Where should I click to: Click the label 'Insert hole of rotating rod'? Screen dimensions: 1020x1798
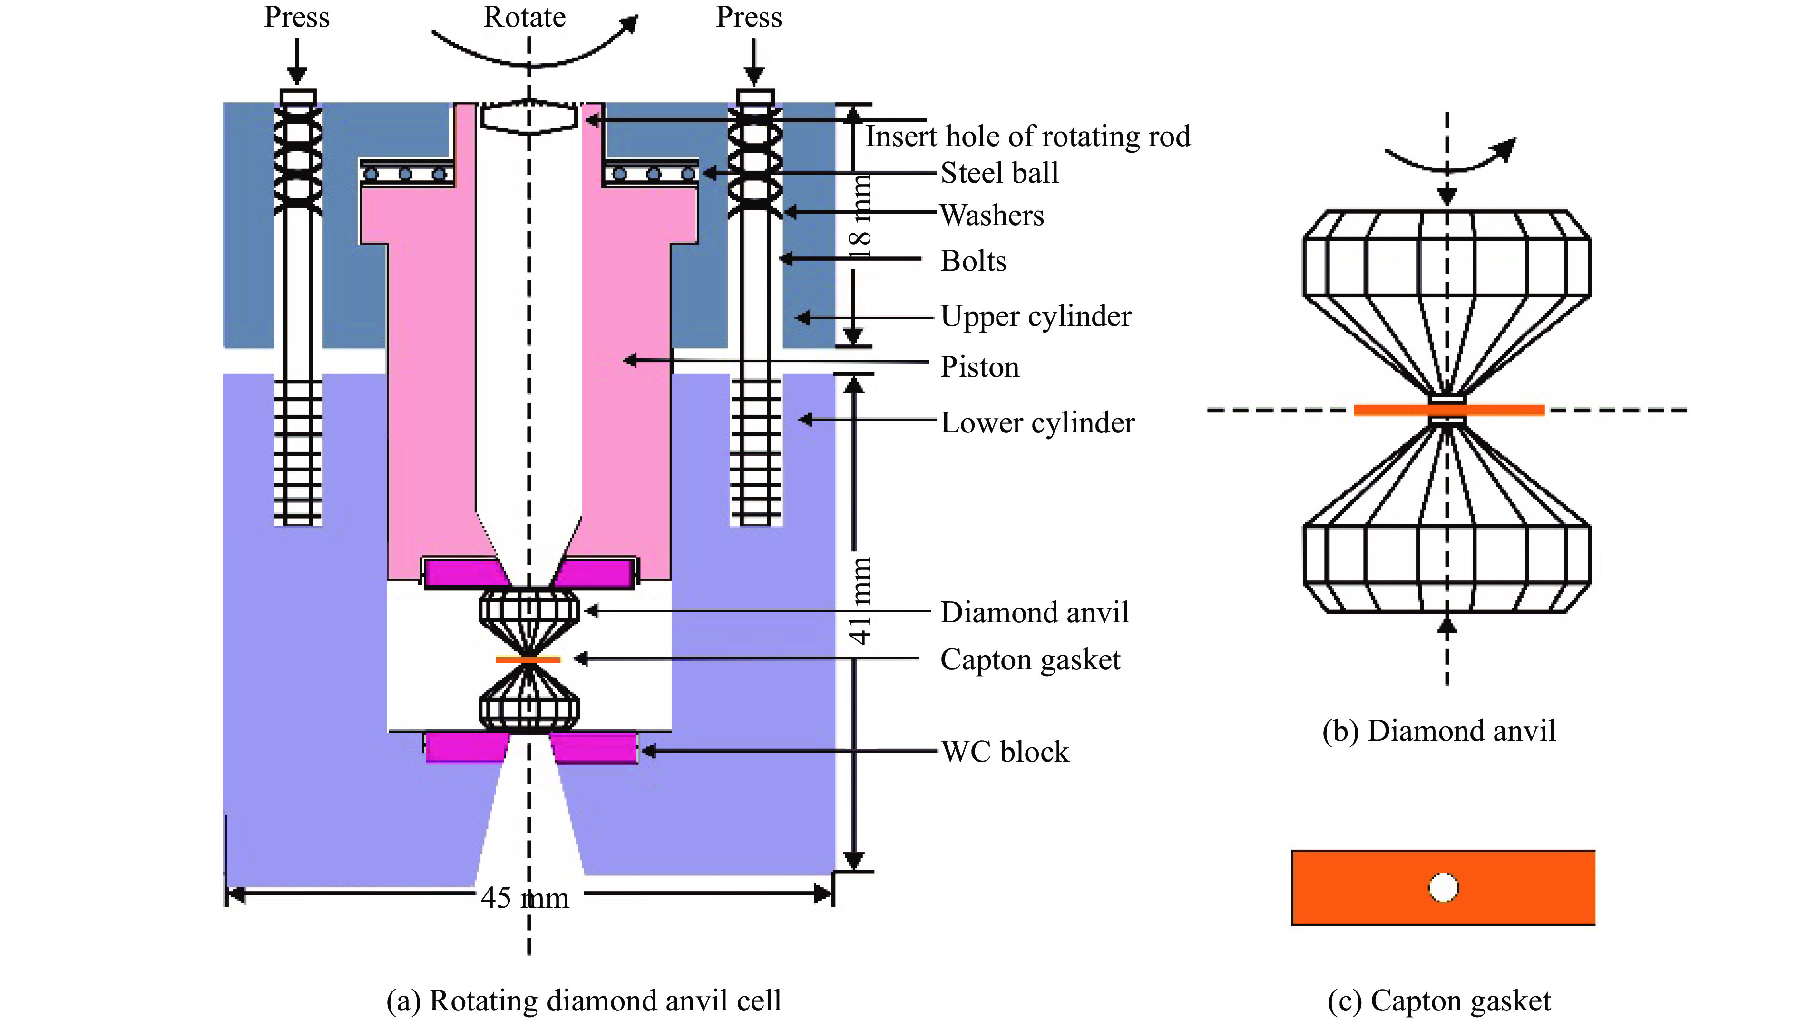[1027, 137]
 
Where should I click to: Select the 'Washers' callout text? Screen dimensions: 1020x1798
[992, 215]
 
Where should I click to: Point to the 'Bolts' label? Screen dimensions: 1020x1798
[973, 261]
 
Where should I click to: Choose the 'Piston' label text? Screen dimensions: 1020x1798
[979, 367]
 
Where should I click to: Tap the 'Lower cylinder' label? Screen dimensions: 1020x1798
[1036, 422]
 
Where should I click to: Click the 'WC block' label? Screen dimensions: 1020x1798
[1005, 752]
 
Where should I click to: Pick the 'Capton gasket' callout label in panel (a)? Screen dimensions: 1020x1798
[1030, 659]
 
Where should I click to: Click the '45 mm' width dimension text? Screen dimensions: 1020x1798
[525, 897]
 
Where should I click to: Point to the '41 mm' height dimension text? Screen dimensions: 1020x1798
[860, 600]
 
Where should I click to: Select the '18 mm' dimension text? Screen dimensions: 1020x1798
[860, 217]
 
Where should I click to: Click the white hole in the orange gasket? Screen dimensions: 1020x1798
[1443, 888]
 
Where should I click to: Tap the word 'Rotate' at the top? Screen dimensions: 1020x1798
[525, 17]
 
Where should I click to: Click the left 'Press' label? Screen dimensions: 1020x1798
[296, 17]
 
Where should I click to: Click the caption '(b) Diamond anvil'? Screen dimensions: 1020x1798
[1439, 731]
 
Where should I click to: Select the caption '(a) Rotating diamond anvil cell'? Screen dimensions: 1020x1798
[584, 1000]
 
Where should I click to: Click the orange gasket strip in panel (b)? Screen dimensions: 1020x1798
[1448, 410]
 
